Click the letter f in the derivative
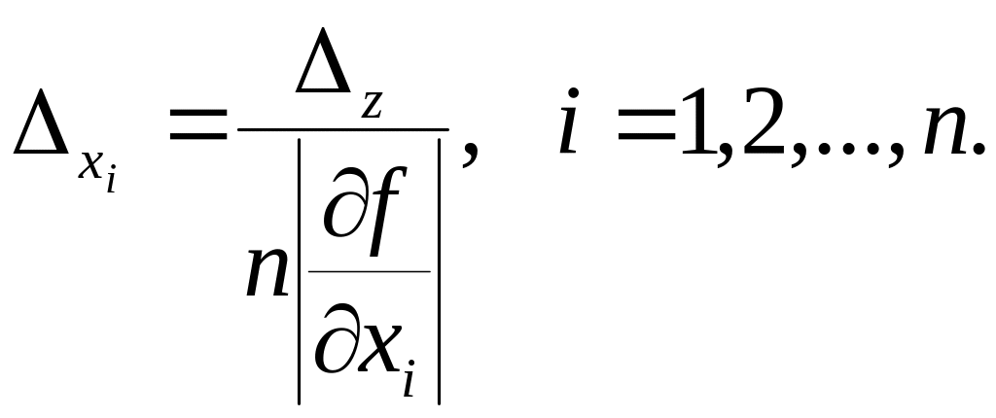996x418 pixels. pyautogui.click(x=391, y=214)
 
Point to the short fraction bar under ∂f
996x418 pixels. pyautogui.click(x=370, y=271)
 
